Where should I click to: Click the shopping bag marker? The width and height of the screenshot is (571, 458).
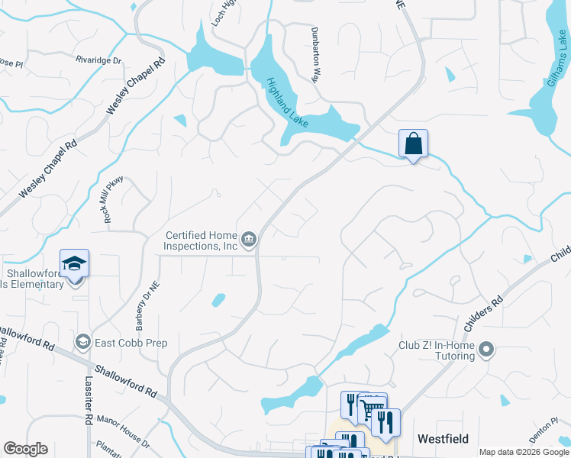click(x=413, y=144)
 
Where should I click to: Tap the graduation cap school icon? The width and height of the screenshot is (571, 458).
click(x=75, y=264)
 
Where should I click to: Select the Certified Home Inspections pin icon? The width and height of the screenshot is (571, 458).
click(x=249, y=241)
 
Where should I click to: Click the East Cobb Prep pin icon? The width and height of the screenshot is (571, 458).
click(x=82, y=343)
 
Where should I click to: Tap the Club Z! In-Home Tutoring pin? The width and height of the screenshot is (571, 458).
click(x=487, y=350)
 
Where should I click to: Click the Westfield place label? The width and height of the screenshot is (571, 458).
click(x=443, y=439)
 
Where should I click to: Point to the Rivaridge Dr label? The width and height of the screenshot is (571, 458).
click(x=98, y=60)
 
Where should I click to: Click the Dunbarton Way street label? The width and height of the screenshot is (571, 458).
click(x=315, y=54)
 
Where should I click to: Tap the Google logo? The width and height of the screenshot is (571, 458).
click(x=25, y=449)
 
